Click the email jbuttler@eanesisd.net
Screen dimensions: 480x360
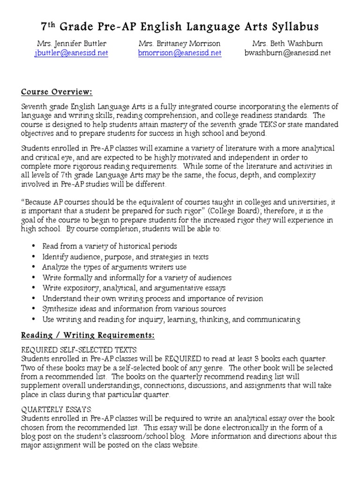click(71, 53)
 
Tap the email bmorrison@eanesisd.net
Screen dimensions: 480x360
click(180, 53)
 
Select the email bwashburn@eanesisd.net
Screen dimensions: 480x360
click(288, 53)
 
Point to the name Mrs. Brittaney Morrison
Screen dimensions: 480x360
click(180, 43)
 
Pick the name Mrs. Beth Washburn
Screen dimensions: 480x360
click(288, 43)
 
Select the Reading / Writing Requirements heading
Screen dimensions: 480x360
click(88, 336)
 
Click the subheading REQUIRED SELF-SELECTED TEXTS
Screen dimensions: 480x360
click(80, 350)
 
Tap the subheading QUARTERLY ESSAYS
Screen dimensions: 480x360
click(57, 409)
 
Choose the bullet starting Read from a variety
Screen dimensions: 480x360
click(109, 246)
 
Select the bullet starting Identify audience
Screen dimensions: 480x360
click(125, 257)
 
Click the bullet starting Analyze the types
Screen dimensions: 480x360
click(114, 267)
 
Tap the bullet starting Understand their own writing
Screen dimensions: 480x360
click(152, 299)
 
